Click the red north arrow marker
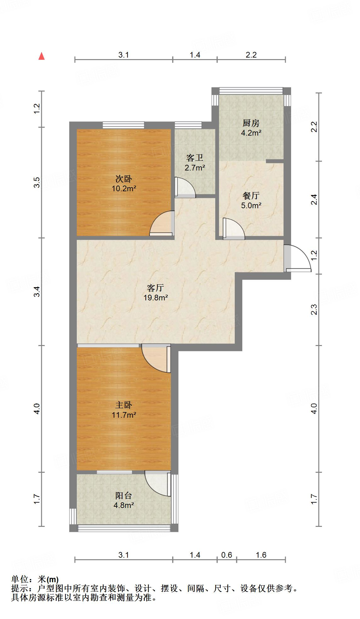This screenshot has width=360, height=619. click(x=41, y=56)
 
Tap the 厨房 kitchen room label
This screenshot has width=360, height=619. click(x=251, y=127)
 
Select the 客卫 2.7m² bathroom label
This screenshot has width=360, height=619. click(x=195, y=162)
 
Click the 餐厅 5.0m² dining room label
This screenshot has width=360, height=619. click(x=251, y=200)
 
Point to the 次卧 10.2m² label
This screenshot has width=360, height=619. click(x=124, y=184)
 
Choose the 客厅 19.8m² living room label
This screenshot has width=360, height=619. click(x=155, y=293)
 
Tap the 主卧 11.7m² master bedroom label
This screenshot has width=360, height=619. click(x=124, y=410)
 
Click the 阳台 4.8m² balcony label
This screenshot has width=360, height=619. click(x=124, y=500)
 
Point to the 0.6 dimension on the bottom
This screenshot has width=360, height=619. click(x=227, y=555)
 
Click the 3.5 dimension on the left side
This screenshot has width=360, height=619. click(x=37, y=182)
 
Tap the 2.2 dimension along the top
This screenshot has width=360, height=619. click(x=251, y=55)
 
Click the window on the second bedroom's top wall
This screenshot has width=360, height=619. click(x=123, y=125)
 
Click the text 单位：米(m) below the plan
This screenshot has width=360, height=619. click(x=35, y=579)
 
